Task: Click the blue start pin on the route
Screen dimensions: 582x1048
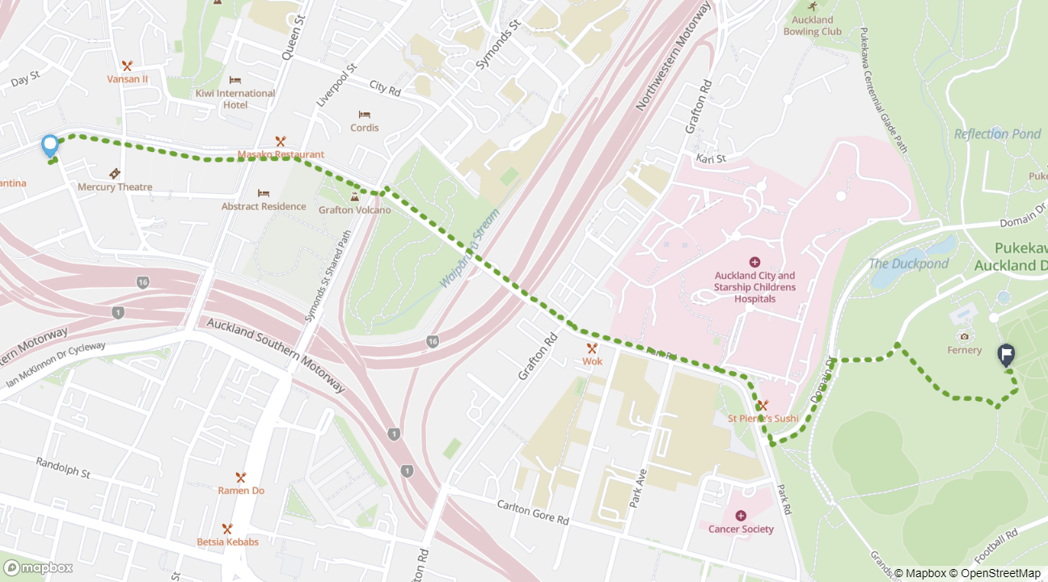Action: (50, 145)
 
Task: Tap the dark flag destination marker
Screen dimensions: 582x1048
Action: (1007, 354)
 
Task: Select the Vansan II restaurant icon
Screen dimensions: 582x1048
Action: (127, 65)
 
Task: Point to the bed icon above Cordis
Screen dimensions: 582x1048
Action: (365, 114)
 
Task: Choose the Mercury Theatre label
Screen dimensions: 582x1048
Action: (115, 187)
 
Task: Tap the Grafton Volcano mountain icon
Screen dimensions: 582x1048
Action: (354, 196)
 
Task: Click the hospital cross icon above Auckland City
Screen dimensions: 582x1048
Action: (754, 262)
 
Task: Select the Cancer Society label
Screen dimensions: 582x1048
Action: (741, 529)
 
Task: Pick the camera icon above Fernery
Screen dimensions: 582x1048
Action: (964, 336)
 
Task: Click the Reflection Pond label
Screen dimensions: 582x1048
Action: (997, 134)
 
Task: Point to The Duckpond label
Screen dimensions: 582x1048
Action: (908, 264)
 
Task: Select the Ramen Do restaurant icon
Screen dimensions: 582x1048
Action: (240, 477)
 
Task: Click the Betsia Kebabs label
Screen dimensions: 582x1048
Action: (228, 542)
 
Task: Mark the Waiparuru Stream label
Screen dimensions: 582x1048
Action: (471, 249)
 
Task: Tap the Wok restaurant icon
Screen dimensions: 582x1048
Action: (592, 348)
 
